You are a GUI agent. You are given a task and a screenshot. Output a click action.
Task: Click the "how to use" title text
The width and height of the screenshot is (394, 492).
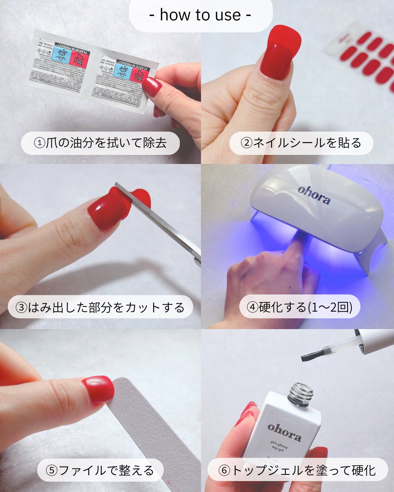(x=200, y=15)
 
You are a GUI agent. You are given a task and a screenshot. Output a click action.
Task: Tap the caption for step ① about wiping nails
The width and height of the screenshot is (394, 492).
(x=100, y=143)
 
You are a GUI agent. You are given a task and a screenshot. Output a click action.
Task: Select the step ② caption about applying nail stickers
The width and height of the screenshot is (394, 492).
(x=301, y=143)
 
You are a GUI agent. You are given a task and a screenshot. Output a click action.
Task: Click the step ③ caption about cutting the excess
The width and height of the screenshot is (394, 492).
(x=100, y=307)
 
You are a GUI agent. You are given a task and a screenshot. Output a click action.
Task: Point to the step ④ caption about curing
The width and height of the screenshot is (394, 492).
(x=300, y=307)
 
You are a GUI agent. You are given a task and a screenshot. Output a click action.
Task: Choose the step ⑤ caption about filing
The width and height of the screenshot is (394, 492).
(x=100, y=470)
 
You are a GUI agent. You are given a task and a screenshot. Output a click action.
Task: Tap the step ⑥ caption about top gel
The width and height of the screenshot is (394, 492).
(x=297, y=470)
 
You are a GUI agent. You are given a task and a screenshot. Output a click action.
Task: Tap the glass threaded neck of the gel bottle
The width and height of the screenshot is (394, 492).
(x=301, y=394)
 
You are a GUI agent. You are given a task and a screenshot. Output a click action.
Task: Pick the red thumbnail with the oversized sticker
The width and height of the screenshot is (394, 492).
(x=280, y=53)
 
